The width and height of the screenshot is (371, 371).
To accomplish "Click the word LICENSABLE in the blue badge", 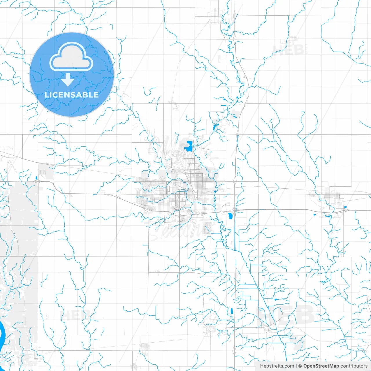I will click(72, 95).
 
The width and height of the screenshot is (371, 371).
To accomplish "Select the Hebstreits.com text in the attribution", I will click(277, 366).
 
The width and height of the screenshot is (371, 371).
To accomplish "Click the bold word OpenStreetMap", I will click(321, 366).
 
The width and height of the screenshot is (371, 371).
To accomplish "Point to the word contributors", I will click(354, 366).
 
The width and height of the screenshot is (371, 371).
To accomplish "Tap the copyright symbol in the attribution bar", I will click(300, 366).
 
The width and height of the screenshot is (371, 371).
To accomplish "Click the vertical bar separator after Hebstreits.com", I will click(296, 366).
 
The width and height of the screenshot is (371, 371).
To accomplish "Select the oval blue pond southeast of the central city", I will click(230, 216).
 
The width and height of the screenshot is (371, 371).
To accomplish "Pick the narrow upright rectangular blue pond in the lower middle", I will click(232, 311).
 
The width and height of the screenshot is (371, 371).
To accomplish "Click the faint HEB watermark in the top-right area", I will click(288, 50).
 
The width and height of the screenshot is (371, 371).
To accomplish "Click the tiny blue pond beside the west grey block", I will click(36, 178).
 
